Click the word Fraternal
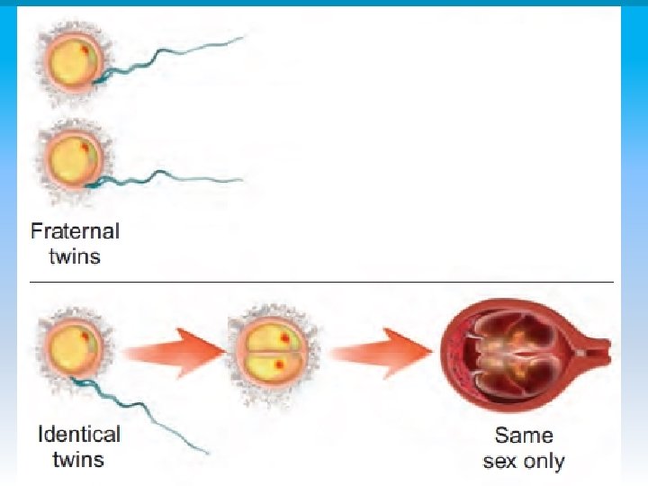click(x=75, y=230)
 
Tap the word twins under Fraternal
click(x=75, y=256)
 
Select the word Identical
click(x=78, y=435)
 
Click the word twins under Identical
click(x=78, y=460)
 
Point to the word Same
click(x=524, y=436)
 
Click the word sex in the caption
click(x=501, y=462)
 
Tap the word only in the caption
click(x=544, y=462)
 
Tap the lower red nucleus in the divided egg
click(x=278, y=364)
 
